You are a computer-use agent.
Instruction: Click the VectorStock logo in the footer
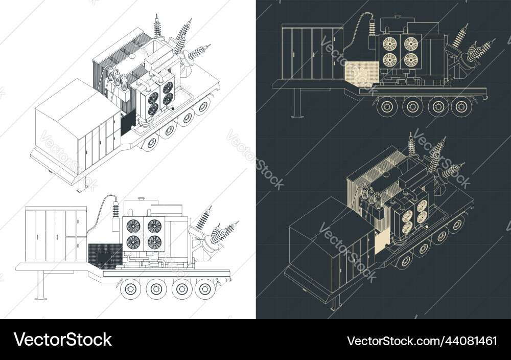coord(63,340)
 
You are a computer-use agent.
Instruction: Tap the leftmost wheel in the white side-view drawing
coord(131,289)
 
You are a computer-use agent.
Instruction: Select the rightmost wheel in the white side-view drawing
coord(205,289)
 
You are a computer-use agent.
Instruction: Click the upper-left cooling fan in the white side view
coord(132,226)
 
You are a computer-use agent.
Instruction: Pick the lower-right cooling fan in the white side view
coord(154,242)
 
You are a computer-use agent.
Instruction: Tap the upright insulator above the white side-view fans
coord(116,210)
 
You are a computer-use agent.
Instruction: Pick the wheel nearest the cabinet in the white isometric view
coord(151,143)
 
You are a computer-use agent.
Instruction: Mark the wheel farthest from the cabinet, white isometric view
coord(204,106)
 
